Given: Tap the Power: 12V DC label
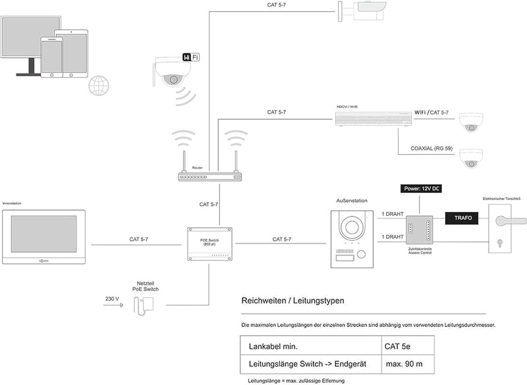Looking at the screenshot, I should coord(421,189).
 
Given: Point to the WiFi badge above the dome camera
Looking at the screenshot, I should coord(190,58).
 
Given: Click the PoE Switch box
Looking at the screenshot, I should coord(209,244).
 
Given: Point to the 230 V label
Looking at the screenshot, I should coord(113,299).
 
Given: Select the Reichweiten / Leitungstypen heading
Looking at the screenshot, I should coord(292,301).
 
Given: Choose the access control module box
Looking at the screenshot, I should coord(418,230).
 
